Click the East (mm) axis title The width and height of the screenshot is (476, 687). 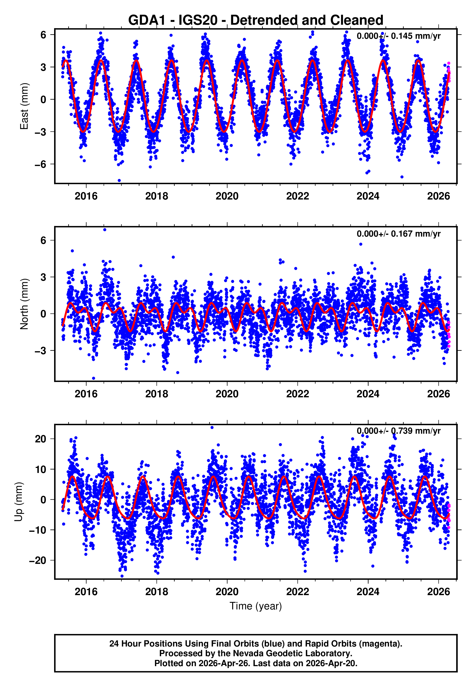pyautogui.click(x=24, y=106)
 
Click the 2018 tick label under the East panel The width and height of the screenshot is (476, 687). pyautogui.click(x=156, y=196)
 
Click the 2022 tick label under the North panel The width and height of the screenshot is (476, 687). pyautogui.click(x=297, y=394)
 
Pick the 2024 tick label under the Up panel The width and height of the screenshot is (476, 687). pyautogui.click(x=368, y=591)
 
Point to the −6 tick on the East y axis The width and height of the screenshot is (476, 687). pyautogui.click(x=40, y=164)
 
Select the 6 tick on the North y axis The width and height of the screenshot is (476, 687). pyautogui.click(x=43, y=240)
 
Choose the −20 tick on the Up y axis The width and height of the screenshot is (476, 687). pyautogui.click(x=37, y=560)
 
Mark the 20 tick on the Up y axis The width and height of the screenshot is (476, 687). pyautogui.click(x=40, y=439)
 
